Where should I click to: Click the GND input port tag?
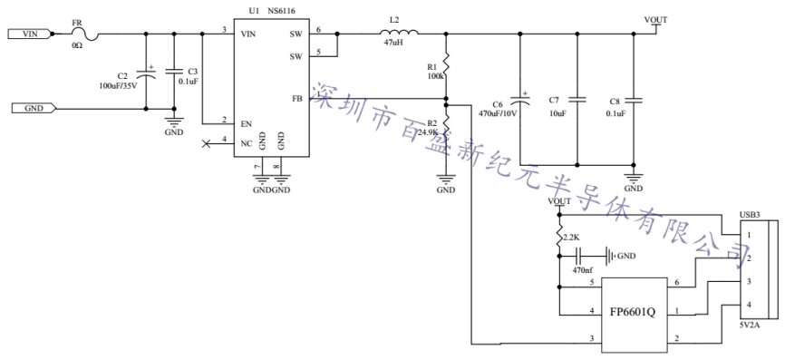click(33, 109)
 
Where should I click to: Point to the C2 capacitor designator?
click(122, 77)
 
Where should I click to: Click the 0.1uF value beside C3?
click(189, 81)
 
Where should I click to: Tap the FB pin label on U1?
click(296, 98)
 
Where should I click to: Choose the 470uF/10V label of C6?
click(497, 113)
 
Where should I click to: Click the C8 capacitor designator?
click(615, 102)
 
